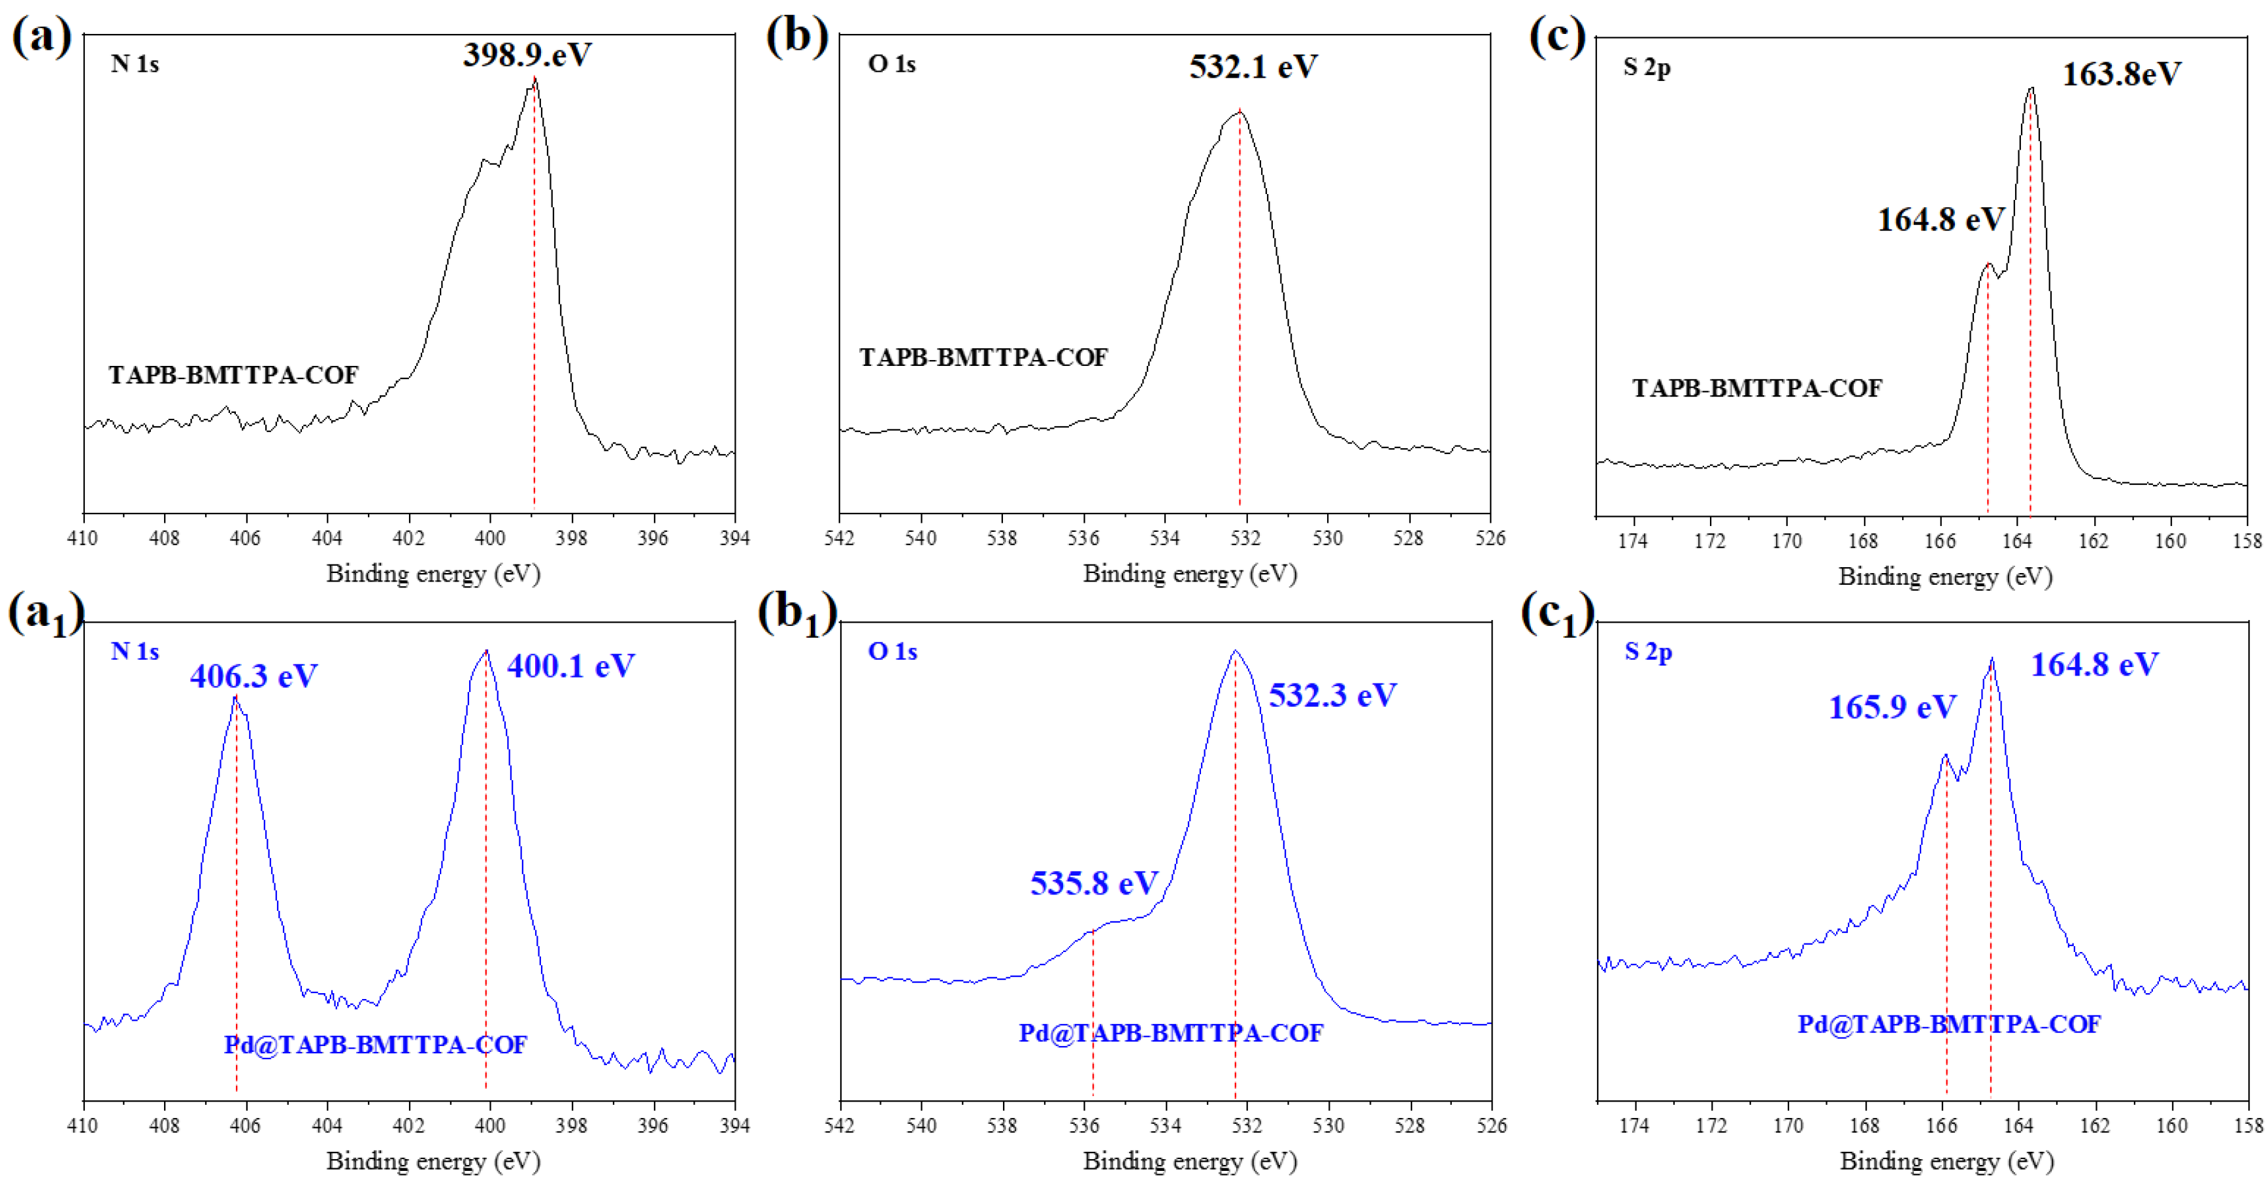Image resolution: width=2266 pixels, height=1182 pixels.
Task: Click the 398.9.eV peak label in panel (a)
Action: [x=527, y=54]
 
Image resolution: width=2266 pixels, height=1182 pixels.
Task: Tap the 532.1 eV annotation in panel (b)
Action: [x=1253, y=67]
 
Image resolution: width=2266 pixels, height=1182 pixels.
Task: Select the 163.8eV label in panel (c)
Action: [x=2121, y=74]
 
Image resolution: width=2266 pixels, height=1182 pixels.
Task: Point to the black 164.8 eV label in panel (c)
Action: [x=1941, y=219]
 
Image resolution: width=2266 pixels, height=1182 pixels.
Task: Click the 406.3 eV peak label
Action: [x=254, y=676]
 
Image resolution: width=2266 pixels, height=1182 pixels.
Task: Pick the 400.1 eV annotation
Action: [x=570, y=666]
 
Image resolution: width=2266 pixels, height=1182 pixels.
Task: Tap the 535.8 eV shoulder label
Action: [x=1093, y=882]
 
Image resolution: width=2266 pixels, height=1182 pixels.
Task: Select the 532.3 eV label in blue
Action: [x=1332, y=695]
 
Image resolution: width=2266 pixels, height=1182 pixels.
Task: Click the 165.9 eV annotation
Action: [x=1891, y=706]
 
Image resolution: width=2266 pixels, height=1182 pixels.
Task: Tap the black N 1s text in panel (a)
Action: [x=135, y=63]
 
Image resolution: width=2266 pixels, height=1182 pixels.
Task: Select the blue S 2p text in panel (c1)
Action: [x=1648, y=651]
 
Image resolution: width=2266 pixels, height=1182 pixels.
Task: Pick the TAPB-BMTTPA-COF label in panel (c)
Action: [x=1757, y=388]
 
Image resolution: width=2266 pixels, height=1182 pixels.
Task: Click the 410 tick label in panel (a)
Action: [x=83, y=537]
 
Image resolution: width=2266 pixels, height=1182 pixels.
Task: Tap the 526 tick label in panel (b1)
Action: [x=1491, y=1125]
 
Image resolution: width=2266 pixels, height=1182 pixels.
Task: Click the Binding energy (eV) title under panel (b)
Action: [x=1189, y=574]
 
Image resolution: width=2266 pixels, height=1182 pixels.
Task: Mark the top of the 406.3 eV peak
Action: [x=235, y=697]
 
